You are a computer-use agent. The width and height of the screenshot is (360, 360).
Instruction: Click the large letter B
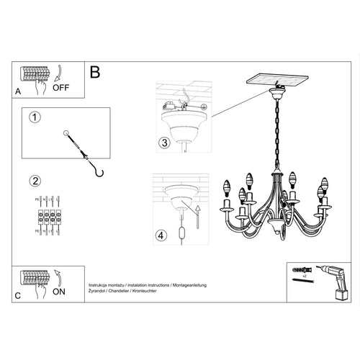pos(94,73)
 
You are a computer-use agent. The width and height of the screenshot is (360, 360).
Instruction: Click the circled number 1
pos(32,116)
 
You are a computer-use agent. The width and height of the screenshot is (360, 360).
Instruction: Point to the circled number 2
pos(32,180)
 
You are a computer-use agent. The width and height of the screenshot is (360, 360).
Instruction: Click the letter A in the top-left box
pos(18,91)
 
